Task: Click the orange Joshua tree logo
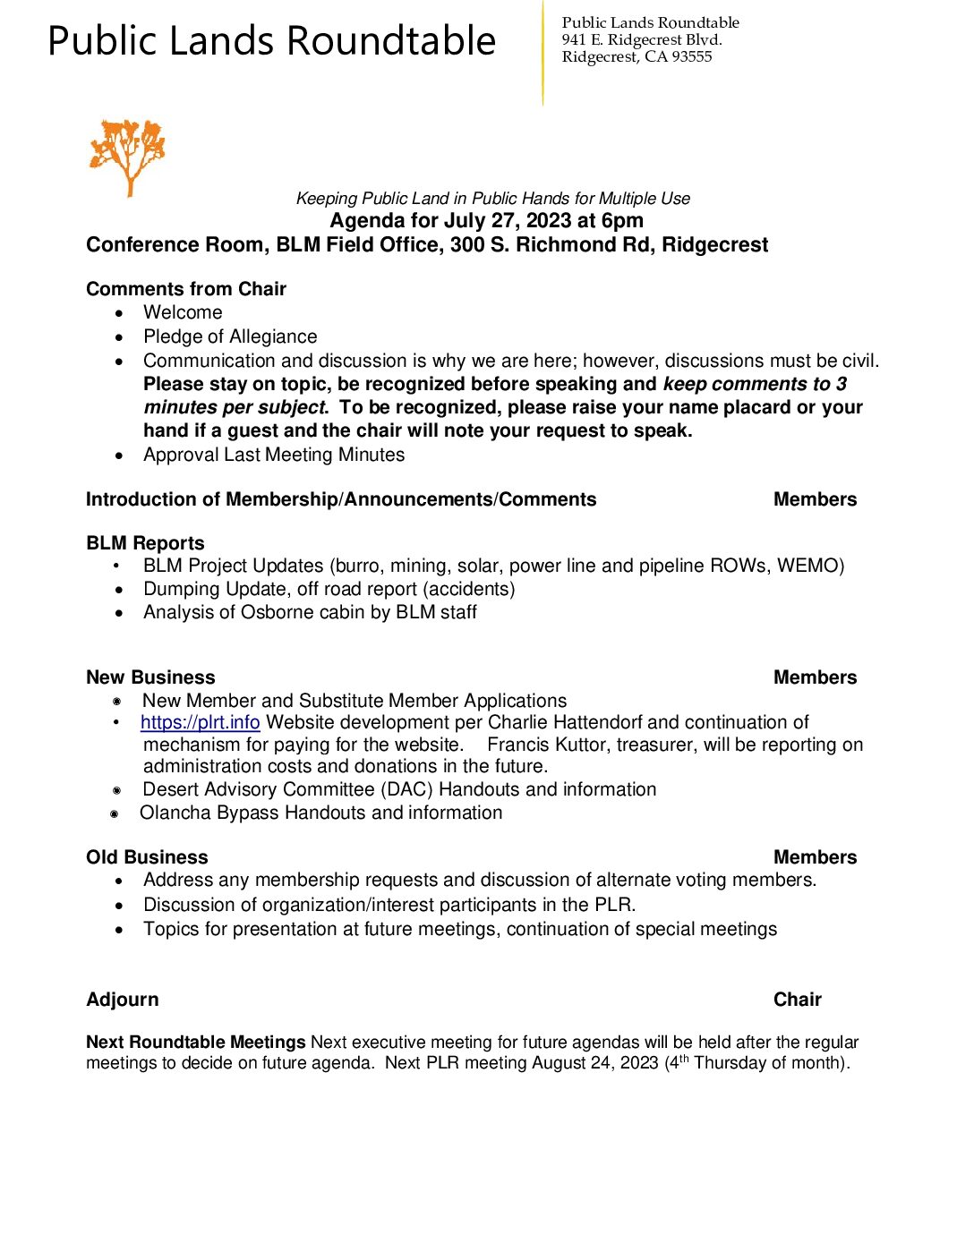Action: tap(127, 156)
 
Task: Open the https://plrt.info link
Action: tap(200, 722)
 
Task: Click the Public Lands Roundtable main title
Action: tap(271, 41)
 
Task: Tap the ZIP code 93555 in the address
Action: tap(692, 56)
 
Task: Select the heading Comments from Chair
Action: tap(186, 289)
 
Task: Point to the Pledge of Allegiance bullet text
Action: tap(230, 336)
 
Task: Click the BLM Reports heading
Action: tap(145, 543)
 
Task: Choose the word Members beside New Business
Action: tap(815, 677)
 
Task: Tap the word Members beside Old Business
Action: tap(815, 857)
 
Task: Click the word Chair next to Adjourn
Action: tap(797, 1000)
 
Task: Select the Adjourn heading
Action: tap(123, 1000)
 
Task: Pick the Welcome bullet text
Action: tap(183, 312)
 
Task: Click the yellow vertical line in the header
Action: tap(543, 54)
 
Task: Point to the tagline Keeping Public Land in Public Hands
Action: tap(493, 199)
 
